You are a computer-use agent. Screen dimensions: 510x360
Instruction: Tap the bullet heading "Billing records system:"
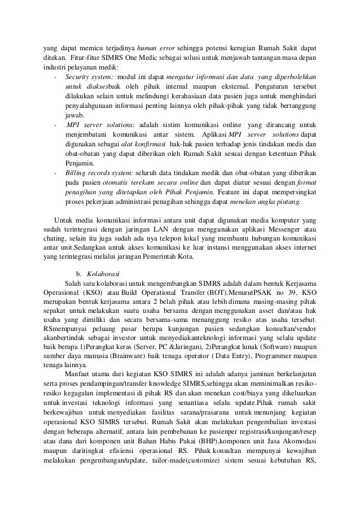[x=98, y=172]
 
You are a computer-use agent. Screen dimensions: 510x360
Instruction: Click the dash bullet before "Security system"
[x=54, y=76]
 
